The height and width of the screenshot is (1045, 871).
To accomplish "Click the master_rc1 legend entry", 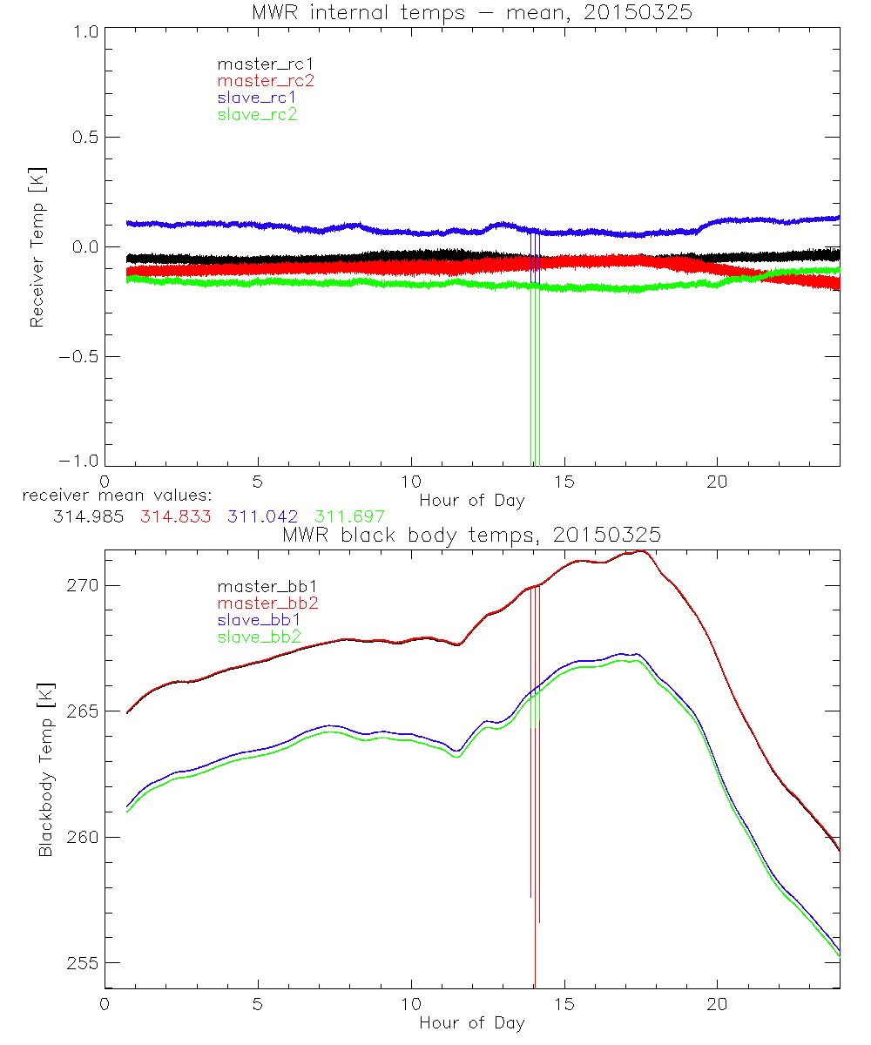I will pyautogui.click(x=257, y=64).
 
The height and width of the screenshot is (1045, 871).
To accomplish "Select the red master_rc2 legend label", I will pyautogui.click(x=266, y=80).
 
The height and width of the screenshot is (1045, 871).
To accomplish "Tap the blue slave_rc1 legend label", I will pyautogui.click(x=257, y=97).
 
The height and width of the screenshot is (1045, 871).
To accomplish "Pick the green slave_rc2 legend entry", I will pyautogui.click(x=257, y=113).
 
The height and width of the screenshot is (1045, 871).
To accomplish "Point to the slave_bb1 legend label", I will pyautogui.click(x=259, y=620).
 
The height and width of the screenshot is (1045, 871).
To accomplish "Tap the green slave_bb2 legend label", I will pyautogui.click(x=259, y=637).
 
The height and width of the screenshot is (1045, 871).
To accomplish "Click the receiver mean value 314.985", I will pyautogui.click(x=84, y=516).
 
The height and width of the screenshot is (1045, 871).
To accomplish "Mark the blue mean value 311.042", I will pyautogui.click(x=263, y=516).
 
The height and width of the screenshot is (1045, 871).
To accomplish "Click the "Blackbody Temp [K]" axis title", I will pyautogui.click(x=44, y=769).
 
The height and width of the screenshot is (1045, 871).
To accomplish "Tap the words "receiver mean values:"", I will pyautogui.click(x=111, y=496).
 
